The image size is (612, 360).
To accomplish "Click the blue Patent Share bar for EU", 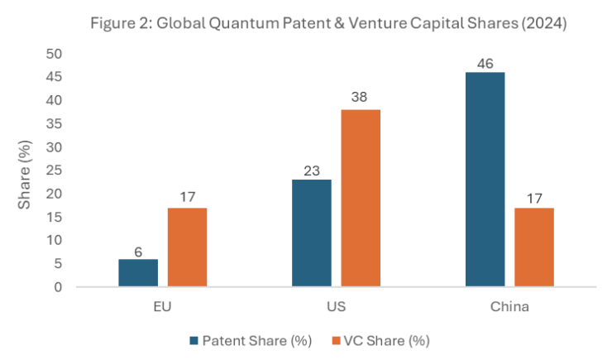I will coord(138,273).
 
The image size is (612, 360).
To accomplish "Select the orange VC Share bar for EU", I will coord(187,247).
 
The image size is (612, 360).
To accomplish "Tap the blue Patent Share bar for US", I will coord(312,233).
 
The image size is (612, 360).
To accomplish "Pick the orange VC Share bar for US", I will coord(361,199).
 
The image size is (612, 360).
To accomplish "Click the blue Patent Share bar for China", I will coord(485,180).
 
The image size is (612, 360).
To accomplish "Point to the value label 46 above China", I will coord(485,63).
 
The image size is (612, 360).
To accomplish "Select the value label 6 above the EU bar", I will coord(138,250).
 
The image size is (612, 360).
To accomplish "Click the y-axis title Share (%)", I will coord(27,170).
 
